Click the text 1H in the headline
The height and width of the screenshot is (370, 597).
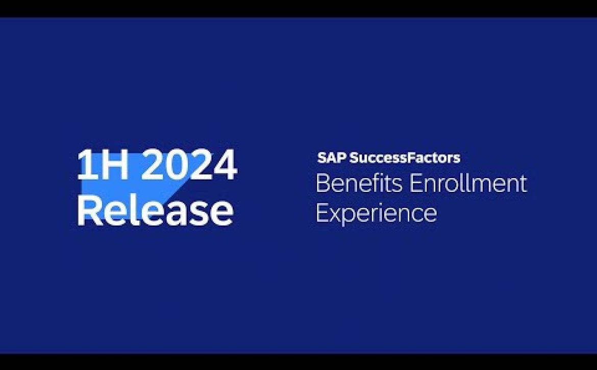point(103,165)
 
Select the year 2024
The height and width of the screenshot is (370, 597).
point(190,165)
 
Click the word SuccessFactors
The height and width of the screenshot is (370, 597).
point(405,158)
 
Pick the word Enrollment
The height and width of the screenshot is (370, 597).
point(468,183)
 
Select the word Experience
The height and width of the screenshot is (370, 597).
point(376,213)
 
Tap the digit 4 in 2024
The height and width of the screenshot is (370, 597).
point(225,165)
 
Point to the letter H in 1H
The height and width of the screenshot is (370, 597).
point(115,165)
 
